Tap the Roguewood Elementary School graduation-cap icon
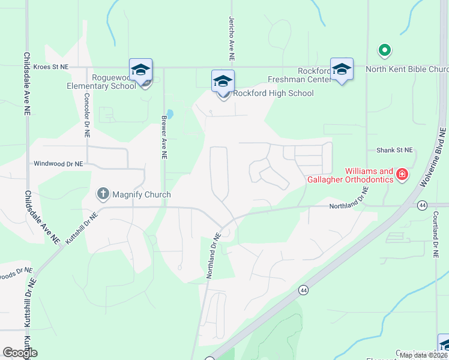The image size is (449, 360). pos(140,70)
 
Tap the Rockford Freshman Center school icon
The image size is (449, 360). pos(342,70)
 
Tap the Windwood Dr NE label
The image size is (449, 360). pos(58,163)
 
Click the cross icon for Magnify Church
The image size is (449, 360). pos(103,194)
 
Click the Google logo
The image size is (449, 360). pos(20,353)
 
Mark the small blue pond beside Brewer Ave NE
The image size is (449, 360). pos(170,113)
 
